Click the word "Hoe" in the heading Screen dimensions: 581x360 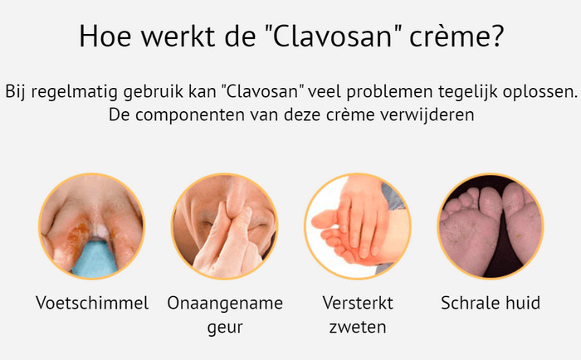click(105, 36)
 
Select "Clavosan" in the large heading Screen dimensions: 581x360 click(332, 36)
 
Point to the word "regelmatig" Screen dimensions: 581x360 click(75, 92)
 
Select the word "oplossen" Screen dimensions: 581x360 click(539, 91)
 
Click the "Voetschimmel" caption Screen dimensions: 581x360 click(92, 303)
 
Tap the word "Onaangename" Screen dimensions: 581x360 click(225, 303)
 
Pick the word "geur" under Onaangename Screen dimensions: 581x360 click(225, 328)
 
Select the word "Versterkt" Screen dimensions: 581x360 click(358, 303)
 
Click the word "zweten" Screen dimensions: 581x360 click(358, 327)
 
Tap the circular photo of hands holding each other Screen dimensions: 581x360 click(358, 226)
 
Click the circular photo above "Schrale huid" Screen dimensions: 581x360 click(491, 226)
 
